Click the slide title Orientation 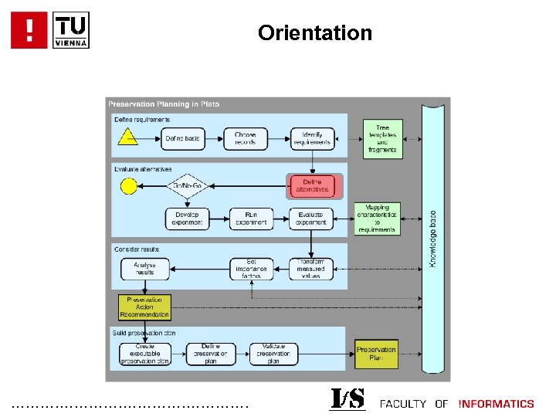coord(315,33)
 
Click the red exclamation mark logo coord(29,30)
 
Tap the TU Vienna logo coord(71,30)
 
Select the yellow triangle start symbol coord(127,138)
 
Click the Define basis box coord(182,139)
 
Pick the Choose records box coord(246,139)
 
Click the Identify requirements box coord(312,139)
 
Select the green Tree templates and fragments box coord(381,139)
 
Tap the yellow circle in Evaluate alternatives coord(127,186)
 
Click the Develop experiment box coord(187,219)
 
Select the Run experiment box coord(251,219)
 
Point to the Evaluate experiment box coord(312,219)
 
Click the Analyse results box coord(144,269)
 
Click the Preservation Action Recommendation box coord(144,307)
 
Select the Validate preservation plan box coord(273,354)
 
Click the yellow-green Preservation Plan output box coord(376,354)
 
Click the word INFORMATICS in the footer coord(496,404)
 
